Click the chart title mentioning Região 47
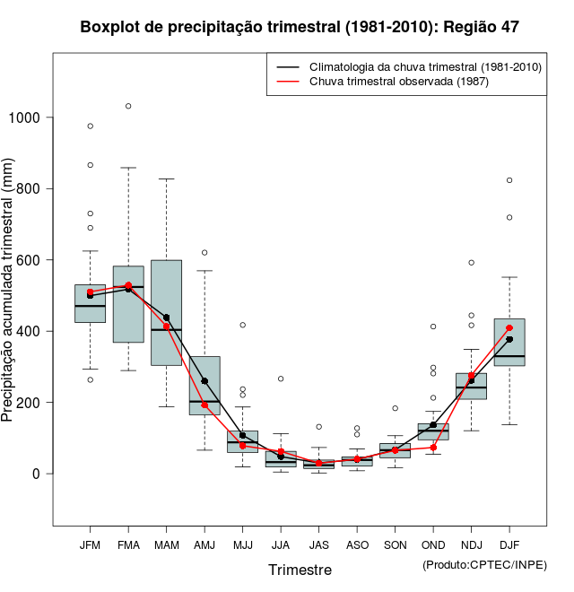pyautogui.click(x=300, y=27)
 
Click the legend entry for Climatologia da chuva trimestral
pyautogui.click(x=424, y=67)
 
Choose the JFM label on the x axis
pyautogui.click(x=90, y=545)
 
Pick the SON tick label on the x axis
pyautogui.click(x=395, y=545)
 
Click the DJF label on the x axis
pyautogui.click(x=509, y=545)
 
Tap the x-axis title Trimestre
pyautogui.click(x=300, y=570)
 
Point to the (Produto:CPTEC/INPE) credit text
pyautogui.click(x=484, y=564)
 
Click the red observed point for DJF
pyautogui.click(x=509, y=328)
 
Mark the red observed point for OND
pyautogui.click(x=433, y=447)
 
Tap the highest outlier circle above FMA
pyautogui.click(x=128, y=106)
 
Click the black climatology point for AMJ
pyautogui.click(x=204, y=381)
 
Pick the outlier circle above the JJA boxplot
pyautogui.click(x=281, y=379)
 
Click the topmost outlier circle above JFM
pyautogui.click(x=90, y=126)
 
